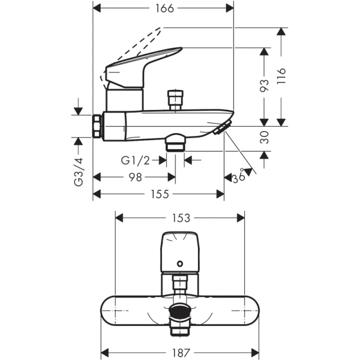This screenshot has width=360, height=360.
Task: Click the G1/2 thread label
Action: [135, 160]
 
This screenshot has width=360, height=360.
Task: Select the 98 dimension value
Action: [135, 177]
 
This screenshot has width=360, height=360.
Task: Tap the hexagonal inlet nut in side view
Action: [97, 125]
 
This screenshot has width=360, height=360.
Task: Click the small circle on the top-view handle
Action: [179, 264]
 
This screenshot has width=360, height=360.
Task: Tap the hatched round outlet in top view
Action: [179, 311]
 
